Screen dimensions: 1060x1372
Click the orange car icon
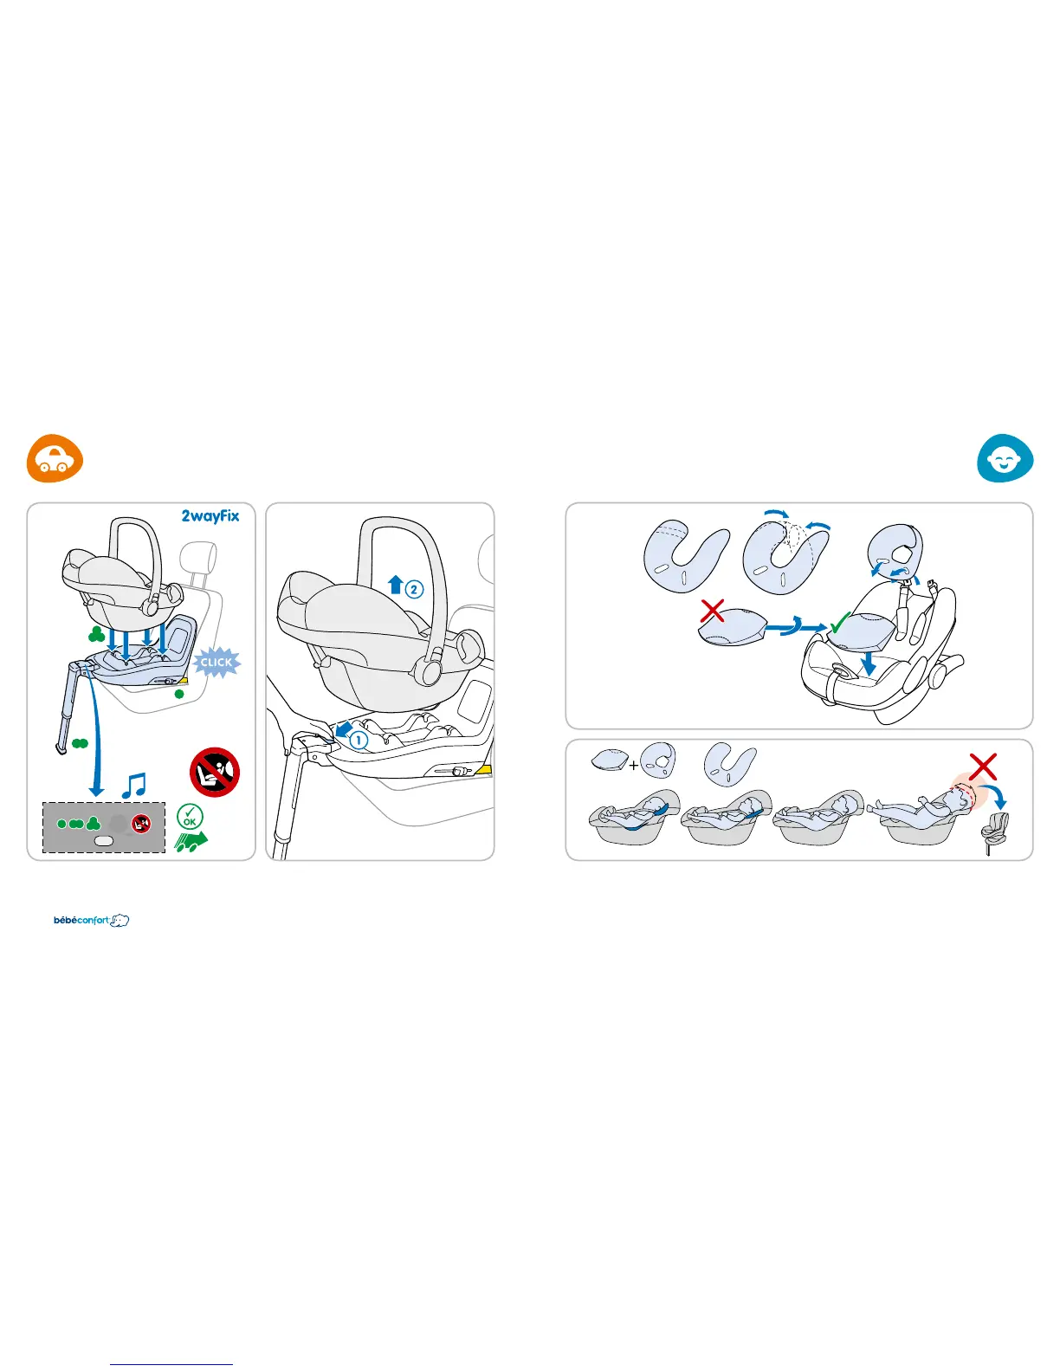(55, 459)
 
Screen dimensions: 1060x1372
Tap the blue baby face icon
(1005, 459)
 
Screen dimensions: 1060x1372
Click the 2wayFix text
(210, 516)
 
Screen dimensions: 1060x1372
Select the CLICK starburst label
(217, 663)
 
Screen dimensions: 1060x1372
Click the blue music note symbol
(134, 785)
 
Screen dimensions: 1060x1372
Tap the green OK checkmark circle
(190, 816)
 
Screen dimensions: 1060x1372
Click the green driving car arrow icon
(191, 840)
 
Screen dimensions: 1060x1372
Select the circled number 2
(415, 589)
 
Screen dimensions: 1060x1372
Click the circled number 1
(359, 740)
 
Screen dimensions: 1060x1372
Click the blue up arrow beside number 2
(396, 585)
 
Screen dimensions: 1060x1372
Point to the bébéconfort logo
(91, 920)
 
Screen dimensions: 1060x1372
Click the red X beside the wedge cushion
(712, 611)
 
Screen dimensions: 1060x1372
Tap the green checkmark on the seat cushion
(839, 624)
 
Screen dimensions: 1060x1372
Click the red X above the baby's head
(983, 767)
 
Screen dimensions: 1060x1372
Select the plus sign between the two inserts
(634, 766)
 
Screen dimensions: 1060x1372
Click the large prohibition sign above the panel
(214, 773)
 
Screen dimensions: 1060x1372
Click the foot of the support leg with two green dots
(61, 748)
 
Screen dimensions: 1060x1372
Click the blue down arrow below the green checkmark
(869, 663)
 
